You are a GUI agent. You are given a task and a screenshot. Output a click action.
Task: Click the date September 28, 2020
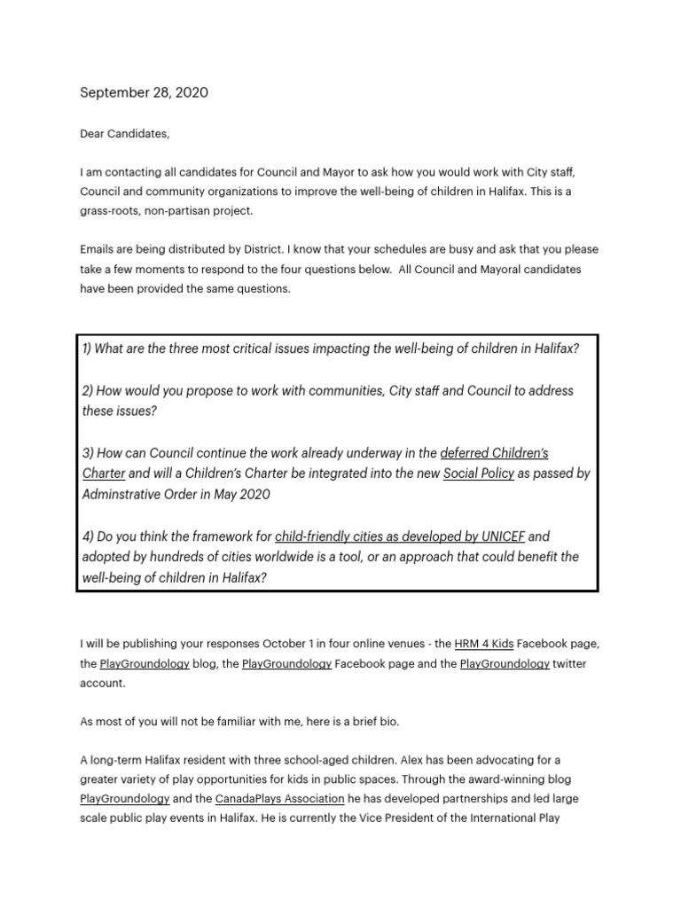(x=145, y=92)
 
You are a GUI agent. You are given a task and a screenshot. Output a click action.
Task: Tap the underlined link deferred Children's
(x=494, y=453)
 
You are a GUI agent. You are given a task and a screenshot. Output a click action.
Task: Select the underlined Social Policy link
(x=479, y=474)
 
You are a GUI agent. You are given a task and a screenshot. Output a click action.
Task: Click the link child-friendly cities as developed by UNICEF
(x=400, y=536)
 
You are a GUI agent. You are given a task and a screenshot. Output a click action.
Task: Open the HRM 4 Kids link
(x=483, y=643)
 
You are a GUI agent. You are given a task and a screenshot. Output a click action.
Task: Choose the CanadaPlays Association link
(x=279, y=799)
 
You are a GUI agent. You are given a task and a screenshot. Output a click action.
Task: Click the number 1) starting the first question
(x=87, y=348)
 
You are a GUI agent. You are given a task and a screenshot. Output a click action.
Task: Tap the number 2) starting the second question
(x=87, y=391)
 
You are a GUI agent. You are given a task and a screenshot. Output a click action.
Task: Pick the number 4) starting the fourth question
(x=87, y=536)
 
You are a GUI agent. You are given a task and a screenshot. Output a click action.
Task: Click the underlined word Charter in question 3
(x=104, y=474)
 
